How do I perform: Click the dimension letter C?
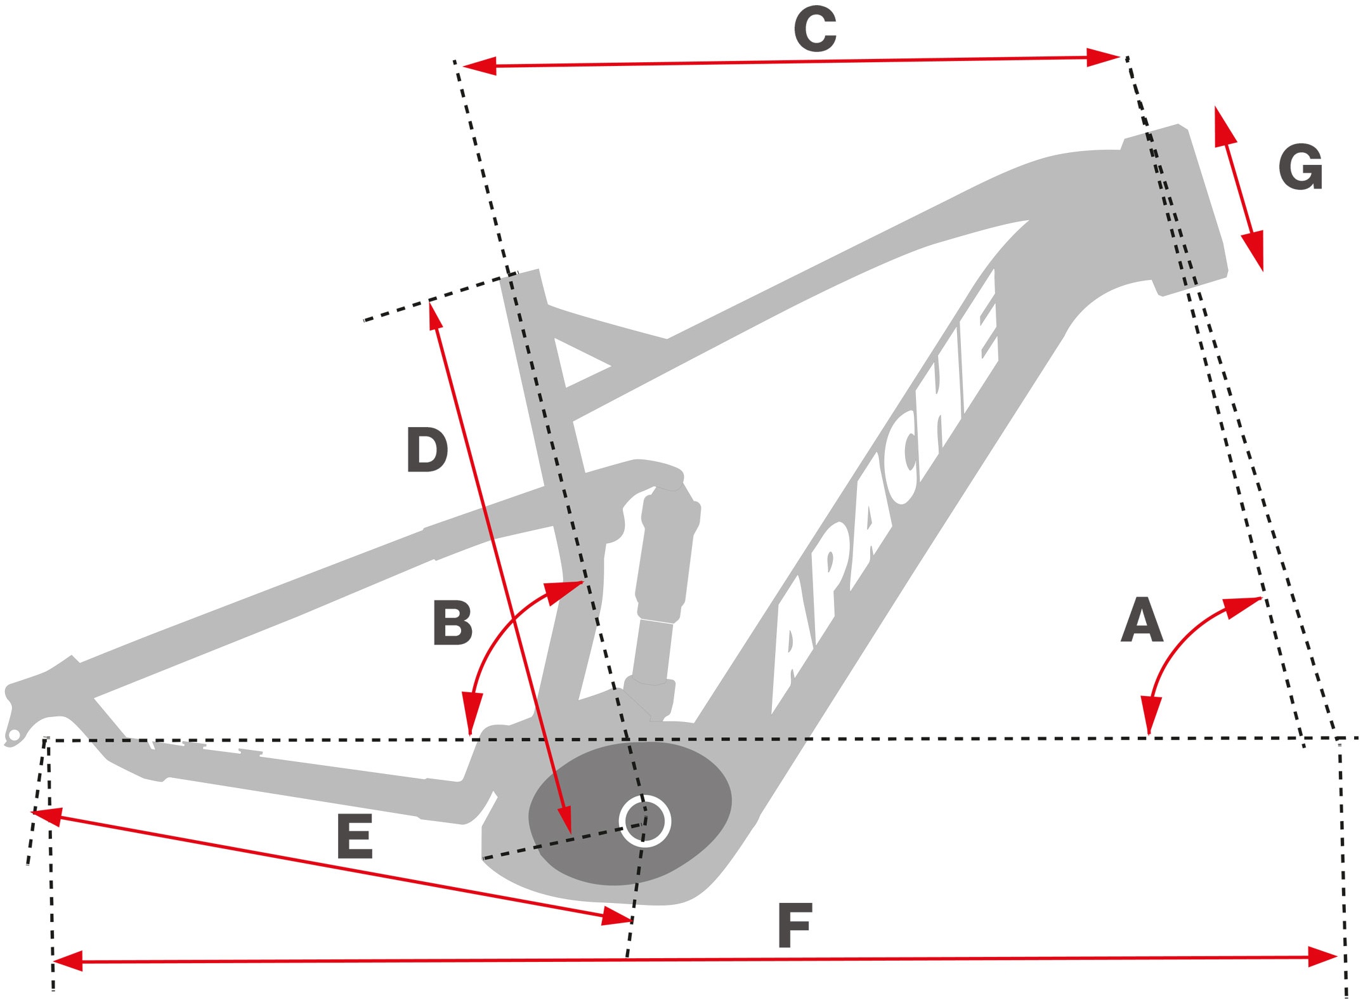click(815, 30)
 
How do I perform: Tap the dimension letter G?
click(1300, 168)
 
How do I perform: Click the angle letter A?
click(1142, 620)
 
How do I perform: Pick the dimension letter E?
click(355, 837)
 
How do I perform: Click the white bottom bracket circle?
click(645, 821)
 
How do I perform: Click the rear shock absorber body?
click(666, 558)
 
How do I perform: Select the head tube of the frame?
click(1173, 209)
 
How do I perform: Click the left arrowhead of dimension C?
click(479, 66)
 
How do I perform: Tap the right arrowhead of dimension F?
click(1322, 957)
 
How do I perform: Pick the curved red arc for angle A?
click(1173, 647)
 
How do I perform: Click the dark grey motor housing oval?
click(584, 819)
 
